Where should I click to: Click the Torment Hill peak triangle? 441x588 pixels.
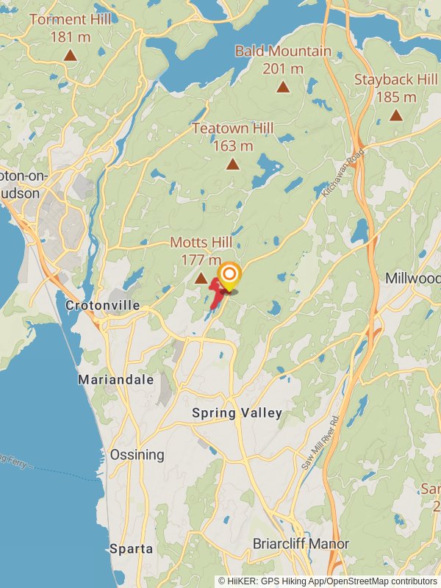tap(70, 55)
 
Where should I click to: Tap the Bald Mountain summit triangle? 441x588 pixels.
tap(283, 87)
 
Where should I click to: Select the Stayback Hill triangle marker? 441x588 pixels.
tap(396, 115)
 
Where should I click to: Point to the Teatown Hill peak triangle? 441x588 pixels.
tap(232, 164)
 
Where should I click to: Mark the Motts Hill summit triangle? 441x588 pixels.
tap(201, 279)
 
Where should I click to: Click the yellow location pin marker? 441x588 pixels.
tap(229, 277)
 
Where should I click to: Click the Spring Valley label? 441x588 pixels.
tap(237, 413)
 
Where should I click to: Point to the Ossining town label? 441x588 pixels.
tap(137, 455)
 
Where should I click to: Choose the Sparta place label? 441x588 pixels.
tap(132, 548)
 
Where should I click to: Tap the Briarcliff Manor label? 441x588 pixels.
tap(301, 545)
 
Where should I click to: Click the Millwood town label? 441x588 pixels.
tap(412, 279)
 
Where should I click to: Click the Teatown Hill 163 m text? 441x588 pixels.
tap(232, 137)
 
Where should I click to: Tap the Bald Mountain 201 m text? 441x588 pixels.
tap(283, 60)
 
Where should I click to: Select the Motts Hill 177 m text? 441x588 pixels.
tap(201, 251)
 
